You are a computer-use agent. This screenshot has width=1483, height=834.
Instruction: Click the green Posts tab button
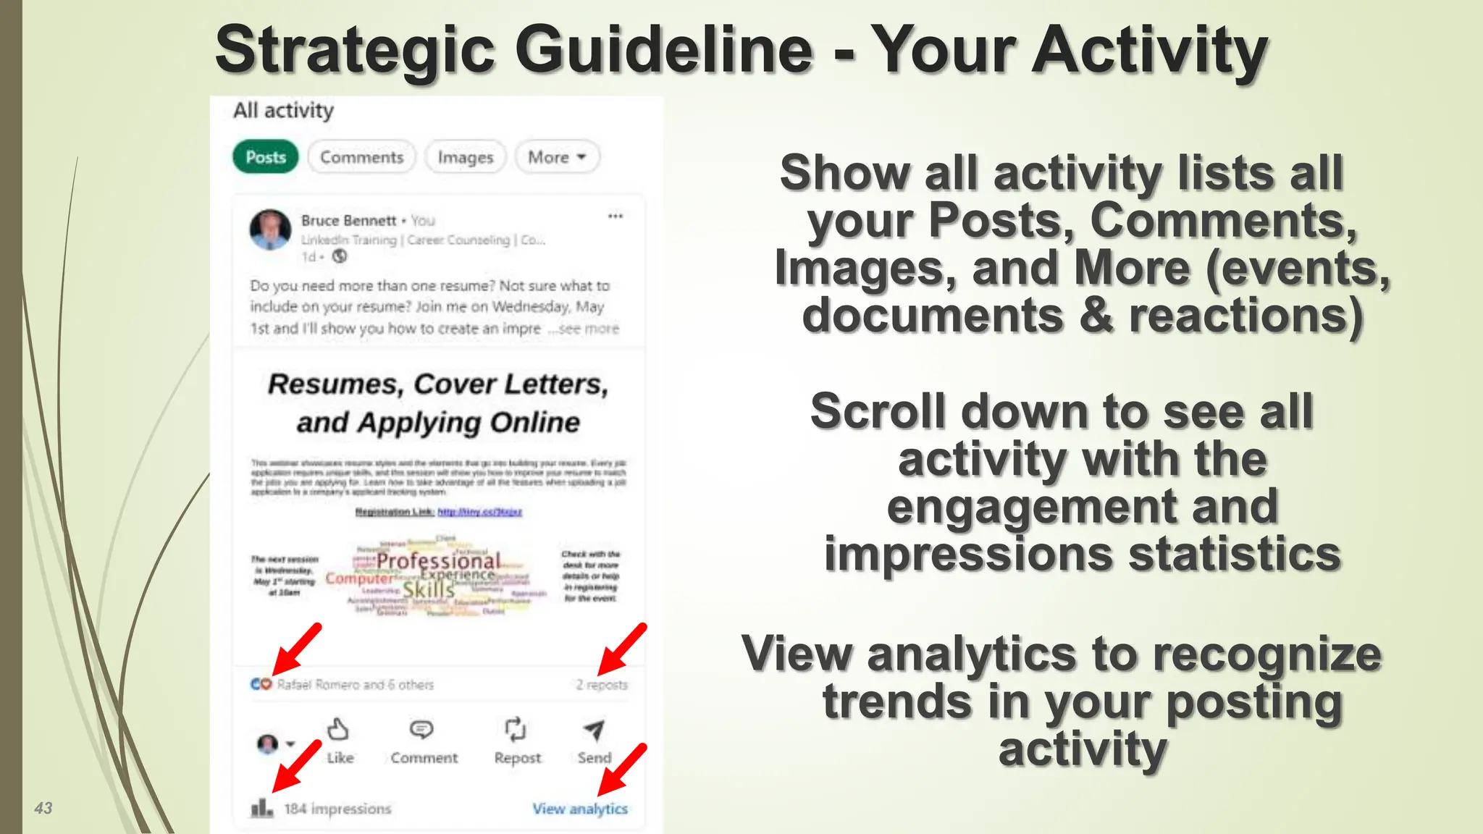point(265,157)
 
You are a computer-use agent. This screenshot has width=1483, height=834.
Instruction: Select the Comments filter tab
point(361,157)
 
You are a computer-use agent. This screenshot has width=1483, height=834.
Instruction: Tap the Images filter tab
point(465,157)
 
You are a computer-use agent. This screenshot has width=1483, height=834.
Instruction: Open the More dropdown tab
point(557,157)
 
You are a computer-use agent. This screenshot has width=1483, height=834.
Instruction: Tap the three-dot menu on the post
point(616,216)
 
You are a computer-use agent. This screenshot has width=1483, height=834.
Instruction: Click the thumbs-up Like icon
point(338,729)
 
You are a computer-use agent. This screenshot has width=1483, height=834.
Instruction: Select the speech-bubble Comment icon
point(421,729)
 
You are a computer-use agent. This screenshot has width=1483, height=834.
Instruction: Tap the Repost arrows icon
point(516,729)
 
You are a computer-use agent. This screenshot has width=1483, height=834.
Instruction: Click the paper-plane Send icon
point(594,730)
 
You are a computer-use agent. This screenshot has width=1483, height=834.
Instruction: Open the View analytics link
point(580,809)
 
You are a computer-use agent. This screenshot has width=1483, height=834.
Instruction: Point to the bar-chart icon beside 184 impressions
point(261,807)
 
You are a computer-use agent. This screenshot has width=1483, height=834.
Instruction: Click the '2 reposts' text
point(602,684)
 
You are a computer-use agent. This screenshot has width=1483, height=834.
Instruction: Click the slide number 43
point(43,808)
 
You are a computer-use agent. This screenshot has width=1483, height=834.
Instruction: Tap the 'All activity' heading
point(283,110)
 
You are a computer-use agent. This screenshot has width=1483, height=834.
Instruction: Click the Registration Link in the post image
point(438,512)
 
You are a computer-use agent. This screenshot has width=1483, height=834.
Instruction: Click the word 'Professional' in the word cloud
point(438,561)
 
